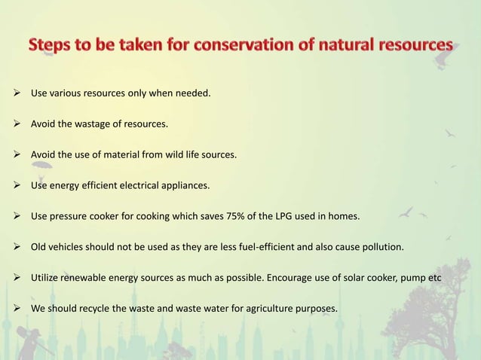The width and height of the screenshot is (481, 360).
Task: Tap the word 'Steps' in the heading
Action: pos(54,46)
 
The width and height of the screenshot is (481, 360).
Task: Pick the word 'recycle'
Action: pos(95,309)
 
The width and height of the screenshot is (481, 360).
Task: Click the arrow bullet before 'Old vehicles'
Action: pos(19,247)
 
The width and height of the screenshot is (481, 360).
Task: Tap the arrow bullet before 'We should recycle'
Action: pos(19,309)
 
